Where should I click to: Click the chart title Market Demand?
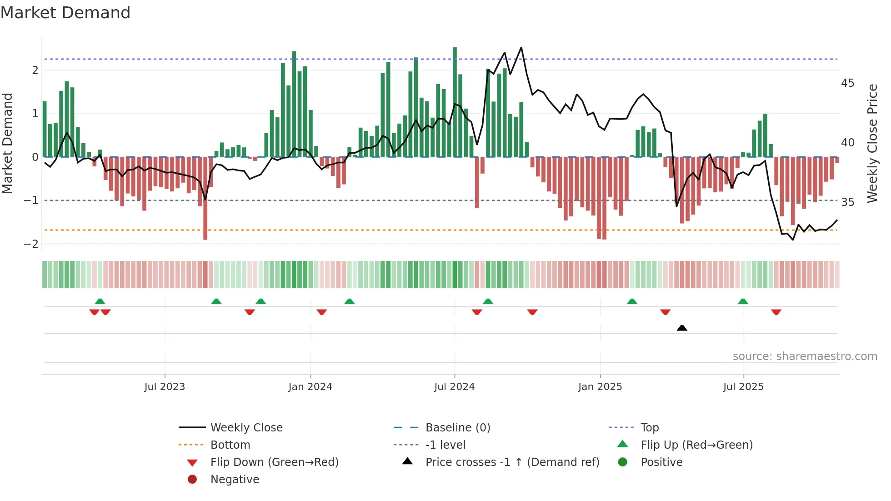[65, 13]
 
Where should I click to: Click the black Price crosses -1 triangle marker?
[682, 328]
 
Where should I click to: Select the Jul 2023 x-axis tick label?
[165, 387]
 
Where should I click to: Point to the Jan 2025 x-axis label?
[600, 387]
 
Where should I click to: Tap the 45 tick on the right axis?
[847, 83]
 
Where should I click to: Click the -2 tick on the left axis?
[31, 244]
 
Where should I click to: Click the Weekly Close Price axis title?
[872, 143]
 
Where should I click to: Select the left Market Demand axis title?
[8, 143]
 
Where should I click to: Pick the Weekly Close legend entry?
[246, 428]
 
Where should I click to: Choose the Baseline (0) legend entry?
[457, 428]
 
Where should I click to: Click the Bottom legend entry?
[230, 445]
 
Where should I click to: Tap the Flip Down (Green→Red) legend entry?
[274, 462]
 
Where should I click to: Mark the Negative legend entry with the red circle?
[235, 480]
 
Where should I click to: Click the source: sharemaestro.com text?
[805, 356]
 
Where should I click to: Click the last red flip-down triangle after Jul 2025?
[776, 312]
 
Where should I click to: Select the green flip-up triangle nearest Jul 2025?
[743, 301]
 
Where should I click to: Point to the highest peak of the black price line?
[521, 48]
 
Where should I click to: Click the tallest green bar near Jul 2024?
[455, 102]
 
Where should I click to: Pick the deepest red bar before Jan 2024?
[205, 198]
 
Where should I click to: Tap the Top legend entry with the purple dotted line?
[649, 428]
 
